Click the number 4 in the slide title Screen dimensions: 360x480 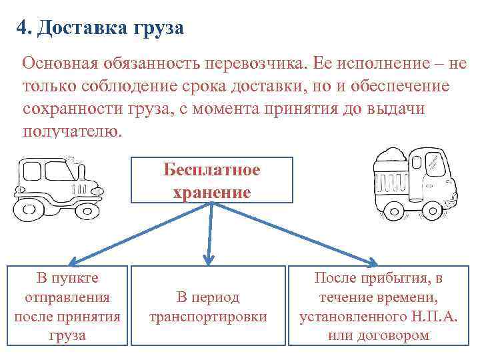point(23,29)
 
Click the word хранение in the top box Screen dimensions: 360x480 point(211,193)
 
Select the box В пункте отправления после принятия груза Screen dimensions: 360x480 point(67,305)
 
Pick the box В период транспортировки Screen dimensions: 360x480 point(208,306)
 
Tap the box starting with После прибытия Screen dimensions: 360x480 point(378,306)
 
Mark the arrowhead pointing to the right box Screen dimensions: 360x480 point(371,261)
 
